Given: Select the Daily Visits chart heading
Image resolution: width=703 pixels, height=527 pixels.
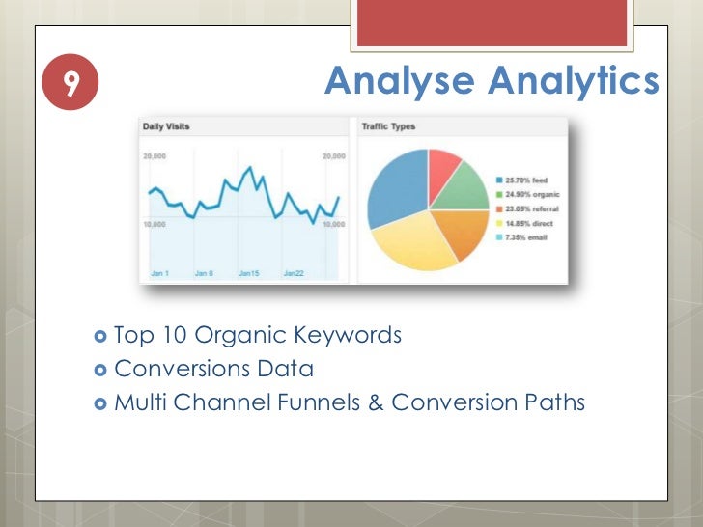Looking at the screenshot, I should [x=166, y=126].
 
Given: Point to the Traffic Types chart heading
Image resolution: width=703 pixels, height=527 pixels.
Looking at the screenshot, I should [x=388, y=126].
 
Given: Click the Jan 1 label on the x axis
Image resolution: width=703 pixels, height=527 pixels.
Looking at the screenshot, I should [x=160, y=273].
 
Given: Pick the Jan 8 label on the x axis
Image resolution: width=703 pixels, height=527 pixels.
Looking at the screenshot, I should [x=204, y=273].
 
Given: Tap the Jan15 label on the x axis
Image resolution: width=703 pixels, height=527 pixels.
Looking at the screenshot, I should [x=248, y=273].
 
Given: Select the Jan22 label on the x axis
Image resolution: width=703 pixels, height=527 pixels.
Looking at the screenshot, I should [x=294, y=273].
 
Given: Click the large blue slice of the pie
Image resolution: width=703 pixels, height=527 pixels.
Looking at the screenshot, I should [x=396, y=188].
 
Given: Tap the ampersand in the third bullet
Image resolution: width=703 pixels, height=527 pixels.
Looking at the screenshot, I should [x=377, y=402].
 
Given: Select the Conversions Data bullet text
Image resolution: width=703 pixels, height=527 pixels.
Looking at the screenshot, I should [x=213, y=369].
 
